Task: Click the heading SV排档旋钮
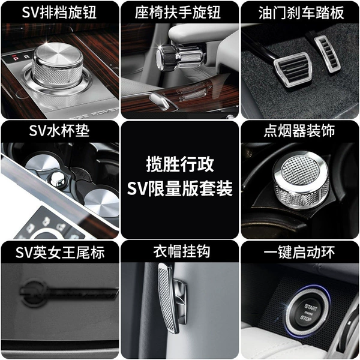click(x=59, y=13)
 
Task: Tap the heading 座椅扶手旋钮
click(x=178, y=13)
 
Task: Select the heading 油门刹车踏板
click(x=301, y=13)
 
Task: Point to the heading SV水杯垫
click(x=59, y=131)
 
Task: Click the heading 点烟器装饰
click(x=299, y=131)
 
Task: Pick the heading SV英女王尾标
click(x=60, y=252)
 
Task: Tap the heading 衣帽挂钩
click(x=182, y=251)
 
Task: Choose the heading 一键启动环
click(x=299, y=252)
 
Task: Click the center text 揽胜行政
click(x=180, y=164)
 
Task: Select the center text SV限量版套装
click(x=180, y=189)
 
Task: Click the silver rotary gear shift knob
click(x=58, y=65)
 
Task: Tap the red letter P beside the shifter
click(x=16, y=58)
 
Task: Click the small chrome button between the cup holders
click(x=58, y=178)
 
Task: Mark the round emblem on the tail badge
click(x=34, y=293)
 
